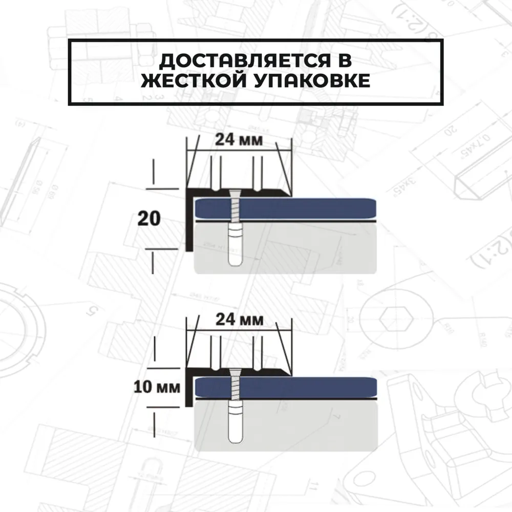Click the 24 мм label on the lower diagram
pos(239,320)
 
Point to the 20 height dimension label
pos(150,219)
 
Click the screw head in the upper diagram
pos(234,193)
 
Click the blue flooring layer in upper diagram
pos(307,208)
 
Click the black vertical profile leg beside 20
pos(188,225)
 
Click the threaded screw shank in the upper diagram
pos(234,210)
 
